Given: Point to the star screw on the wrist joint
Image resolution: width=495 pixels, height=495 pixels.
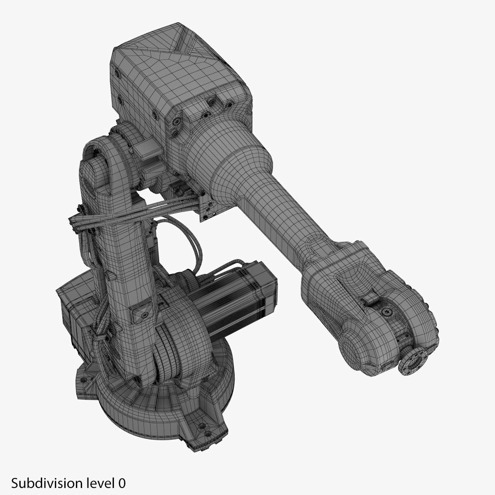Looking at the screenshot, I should point(387,311).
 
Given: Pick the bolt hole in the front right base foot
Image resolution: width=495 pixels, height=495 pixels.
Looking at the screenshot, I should point(202,449).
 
